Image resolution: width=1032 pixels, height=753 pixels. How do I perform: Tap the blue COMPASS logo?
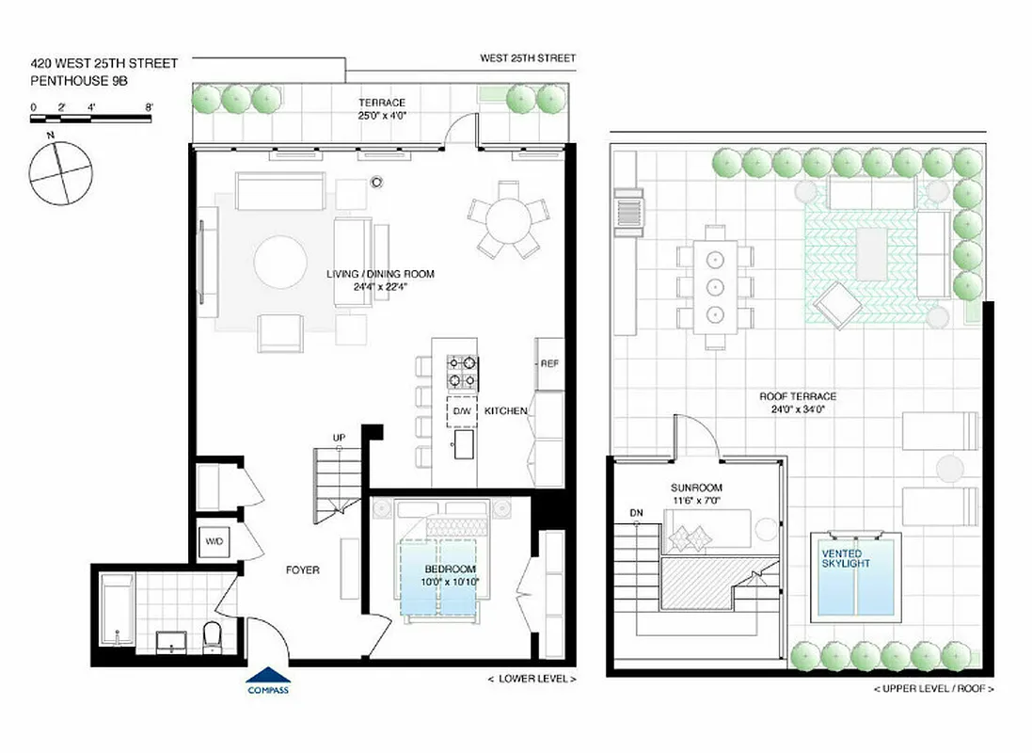[x=267, y=680]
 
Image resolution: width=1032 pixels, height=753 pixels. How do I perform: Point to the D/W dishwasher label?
[x=462, y=411]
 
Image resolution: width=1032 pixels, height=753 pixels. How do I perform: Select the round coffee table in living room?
[x=280, y=262]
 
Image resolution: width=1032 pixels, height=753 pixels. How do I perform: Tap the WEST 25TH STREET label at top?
[x=528, y=58]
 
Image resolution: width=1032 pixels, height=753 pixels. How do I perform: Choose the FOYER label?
[x=303, y=569]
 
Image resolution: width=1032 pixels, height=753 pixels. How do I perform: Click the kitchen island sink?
[x=463, y=447]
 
